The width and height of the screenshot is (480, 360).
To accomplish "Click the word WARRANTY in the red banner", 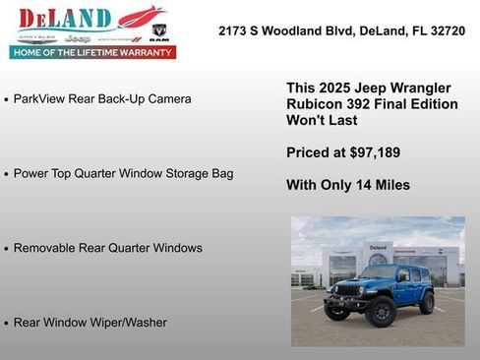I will tap(143, 52).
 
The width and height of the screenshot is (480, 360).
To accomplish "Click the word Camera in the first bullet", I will tap(168, 99).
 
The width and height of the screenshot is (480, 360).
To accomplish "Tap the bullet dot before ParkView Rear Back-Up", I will tap(7, 100).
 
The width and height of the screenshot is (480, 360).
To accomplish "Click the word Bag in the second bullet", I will tap(221, 174).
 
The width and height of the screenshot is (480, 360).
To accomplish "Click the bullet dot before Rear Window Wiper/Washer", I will tap(7, 323).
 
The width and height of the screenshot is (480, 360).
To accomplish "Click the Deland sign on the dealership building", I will tap(379, 247).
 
